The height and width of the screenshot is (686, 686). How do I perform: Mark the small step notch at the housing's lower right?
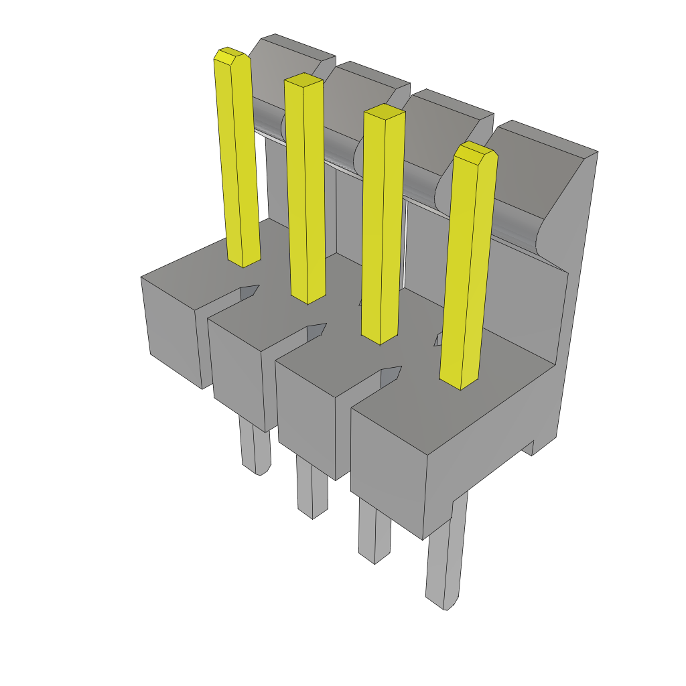pyautogui.click(x=533, y=447)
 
